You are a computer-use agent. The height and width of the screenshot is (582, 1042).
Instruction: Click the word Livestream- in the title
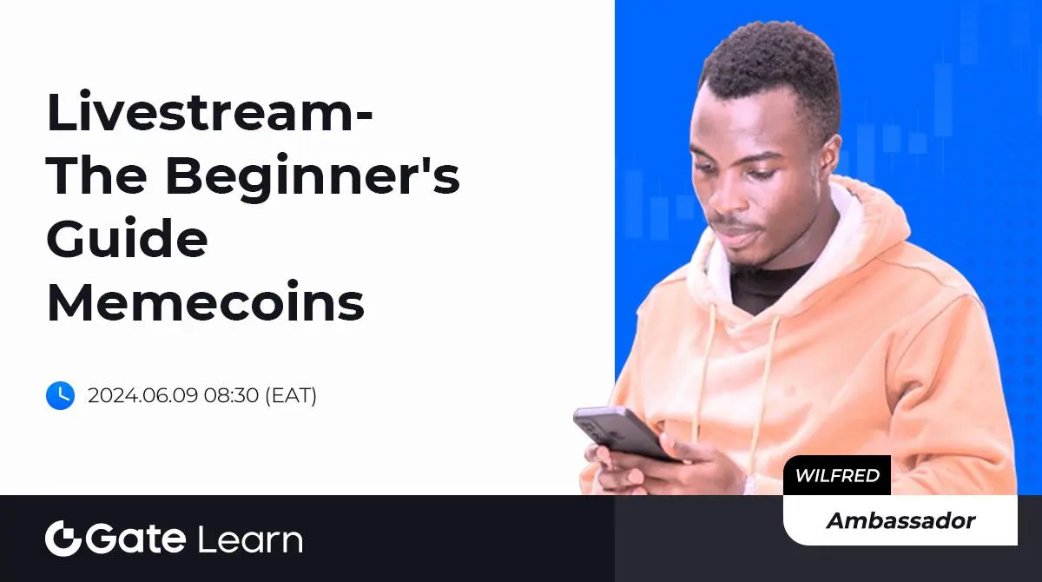coord(209,112)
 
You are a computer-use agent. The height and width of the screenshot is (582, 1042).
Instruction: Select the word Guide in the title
coord(127,238)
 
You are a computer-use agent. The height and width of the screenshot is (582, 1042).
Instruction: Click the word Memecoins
coord(205,301)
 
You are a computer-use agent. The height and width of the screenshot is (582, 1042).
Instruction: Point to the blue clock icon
coord(61,395)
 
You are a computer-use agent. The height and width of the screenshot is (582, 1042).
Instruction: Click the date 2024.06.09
coord(142,395)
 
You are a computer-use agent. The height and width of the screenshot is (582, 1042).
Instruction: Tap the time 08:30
coord(231,395)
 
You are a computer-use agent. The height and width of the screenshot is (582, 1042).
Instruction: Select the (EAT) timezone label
coord(291,395)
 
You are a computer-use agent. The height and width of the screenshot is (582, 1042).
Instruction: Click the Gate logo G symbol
coord(63,539)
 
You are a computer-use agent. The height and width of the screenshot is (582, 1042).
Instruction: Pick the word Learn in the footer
coord(250,539)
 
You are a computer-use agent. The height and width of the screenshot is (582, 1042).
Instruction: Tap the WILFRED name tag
coord(837,475)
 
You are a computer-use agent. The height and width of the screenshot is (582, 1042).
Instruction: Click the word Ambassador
coord(900,520)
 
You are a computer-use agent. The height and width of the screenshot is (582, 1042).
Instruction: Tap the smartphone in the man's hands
coord(623,433)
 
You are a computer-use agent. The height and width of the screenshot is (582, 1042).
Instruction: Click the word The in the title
coord(96,175)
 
